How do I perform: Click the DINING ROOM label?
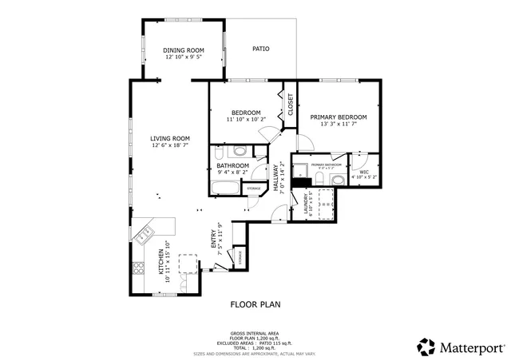[184, 50]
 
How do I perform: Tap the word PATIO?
[260, 49]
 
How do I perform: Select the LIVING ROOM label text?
[170, 138]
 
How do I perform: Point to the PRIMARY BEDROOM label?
[338, 117]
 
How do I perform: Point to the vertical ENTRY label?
[213, 237]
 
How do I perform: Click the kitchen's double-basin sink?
[145, 234]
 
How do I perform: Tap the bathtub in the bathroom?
[226, 188]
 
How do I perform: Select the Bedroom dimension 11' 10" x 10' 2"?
[246, 120]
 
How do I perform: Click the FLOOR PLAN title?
[255, 303]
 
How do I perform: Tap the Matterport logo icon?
[426, 347]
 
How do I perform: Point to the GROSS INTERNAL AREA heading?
[255, 333]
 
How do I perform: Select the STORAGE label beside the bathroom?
[253, 188]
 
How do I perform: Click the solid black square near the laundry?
[301, 182]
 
